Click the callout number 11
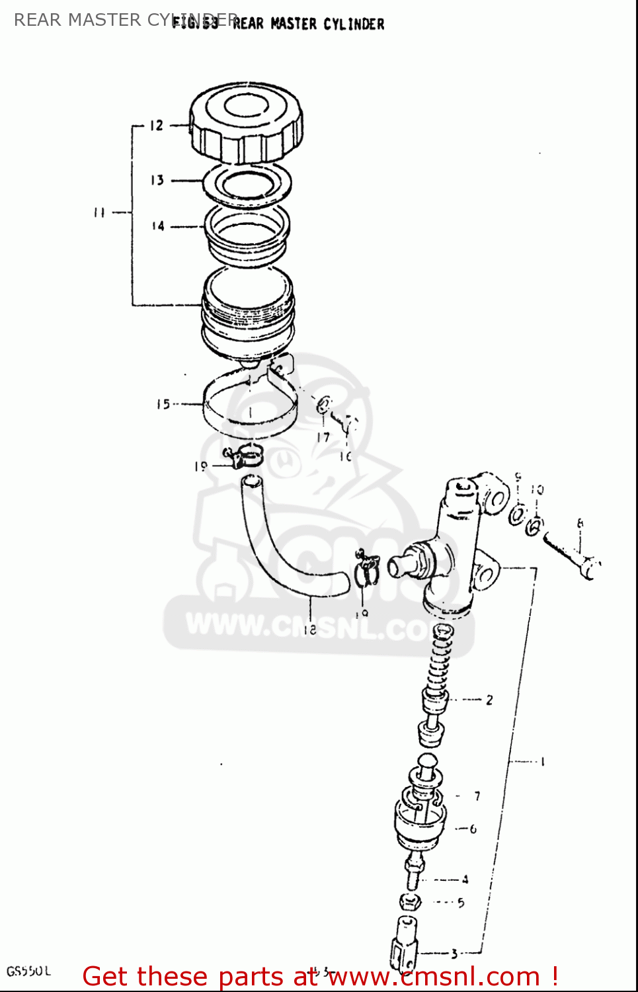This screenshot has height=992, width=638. point(99,212)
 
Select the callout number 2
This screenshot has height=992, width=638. point(489,700)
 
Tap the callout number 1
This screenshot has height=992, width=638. point(543,762)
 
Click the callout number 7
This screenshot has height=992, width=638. point(477,796)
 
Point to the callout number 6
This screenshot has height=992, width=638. point(473,829)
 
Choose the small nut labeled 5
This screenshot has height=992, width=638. point(410,901)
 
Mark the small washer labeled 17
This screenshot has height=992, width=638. point(324,405)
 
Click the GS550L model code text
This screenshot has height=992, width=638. point(28,971)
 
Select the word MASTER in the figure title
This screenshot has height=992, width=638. point(294,24)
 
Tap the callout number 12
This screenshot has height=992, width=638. point(156,125)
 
